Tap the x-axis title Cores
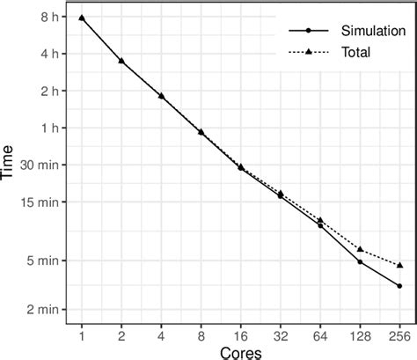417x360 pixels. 240,351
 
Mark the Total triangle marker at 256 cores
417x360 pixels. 399,265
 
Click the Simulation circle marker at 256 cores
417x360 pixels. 399,286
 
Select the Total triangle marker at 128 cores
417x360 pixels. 360,249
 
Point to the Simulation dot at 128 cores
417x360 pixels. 360,261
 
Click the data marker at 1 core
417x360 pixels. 82,18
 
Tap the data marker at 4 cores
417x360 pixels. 161,95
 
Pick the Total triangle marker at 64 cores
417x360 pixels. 320,220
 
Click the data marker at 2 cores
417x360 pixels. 121,61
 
